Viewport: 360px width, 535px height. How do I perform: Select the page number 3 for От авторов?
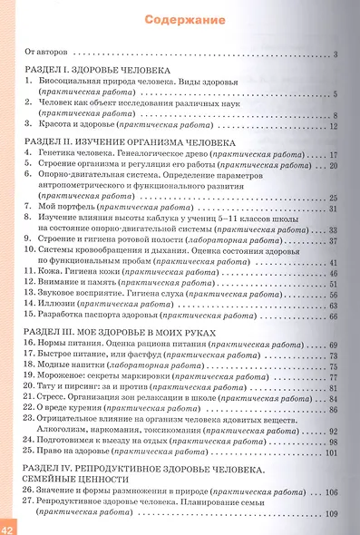(335, 55)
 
